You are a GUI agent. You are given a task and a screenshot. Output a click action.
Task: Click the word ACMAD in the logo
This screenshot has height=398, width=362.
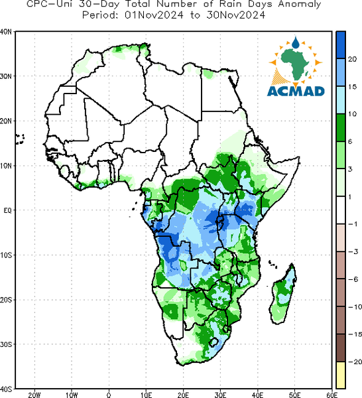[296, 91]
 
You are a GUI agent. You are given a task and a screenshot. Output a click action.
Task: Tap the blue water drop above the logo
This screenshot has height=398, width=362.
[296, 42]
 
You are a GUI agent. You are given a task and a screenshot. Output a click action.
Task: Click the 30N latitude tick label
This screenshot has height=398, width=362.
[6, 76]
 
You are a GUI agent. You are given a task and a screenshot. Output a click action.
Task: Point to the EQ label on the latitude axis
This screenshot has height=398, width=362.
[7, 210]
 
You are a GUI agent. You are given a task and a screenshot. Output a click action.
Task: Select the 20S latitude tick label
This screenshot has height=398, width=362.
[6, 300]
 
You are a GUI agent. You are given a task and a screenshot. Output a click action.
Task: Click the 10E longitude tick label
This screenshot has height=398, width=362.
[146, 395]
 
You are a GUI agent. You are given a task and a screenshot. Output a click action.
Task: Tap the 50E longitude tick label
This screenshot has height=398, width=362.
[295, 395]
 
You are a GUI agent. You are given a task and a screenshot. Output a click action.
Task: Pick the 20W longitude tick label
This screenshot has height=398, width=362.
[34, 395]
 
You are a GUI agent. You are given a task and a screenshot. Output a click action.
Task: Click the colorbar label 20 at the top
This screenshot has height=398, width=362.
[352, 59]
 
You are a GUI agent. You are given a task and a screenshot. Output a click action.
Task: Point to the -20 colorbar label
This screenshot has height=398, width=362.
[355, 362]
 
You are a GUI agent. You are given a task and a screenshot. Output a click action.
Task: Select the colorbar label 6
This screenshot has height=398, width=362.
[350, 142]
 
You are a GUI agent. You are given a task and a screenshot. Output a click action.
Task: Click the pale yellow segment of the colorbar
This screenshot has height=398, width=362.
[341, 375]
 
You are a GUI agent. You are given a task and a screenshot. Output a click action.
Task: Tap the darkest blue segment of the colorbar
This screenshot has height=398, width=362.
[341, 45]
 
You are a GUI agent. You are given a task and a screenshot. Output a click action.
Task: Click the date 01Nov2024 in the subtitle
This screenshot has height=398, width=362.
[154, 15]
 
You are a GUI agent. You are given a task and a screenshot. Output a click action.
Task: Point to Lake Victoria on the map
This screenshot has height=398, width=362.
[219, 221]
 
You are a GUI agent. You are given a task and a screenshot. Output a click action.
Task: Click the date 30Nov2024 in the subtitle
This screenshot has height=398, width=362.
[235, 15]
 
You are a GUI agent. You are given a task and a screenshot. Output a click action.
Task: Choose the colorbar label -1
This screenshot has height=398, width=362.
[353, 224]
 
